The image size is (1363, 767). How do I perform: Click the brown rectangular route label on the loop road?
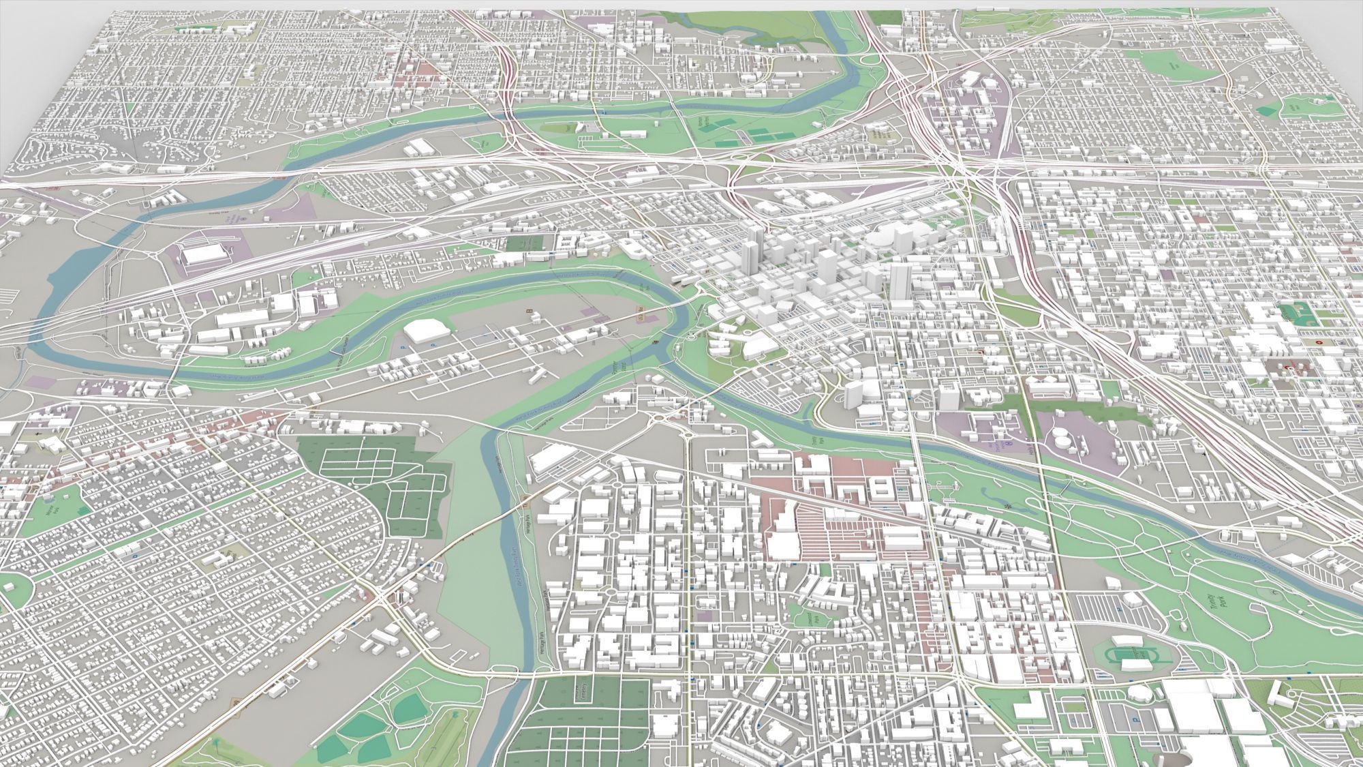tap(640, 318)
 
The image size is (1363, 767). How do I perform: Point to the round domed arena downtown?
tap(883, 241)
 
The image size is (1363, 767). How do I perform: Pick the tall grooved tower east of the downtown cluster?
tap(900, 278)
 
